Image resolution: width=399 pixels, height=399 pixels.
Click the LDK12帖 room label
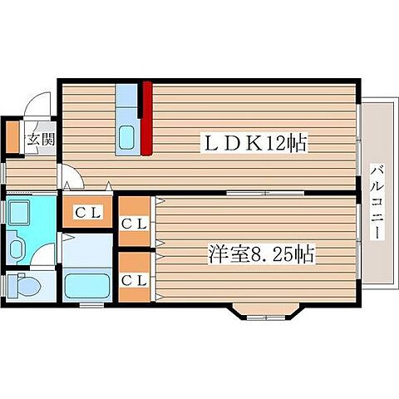254,143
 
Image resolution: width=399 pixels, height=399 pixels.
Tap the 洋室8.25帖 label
262,254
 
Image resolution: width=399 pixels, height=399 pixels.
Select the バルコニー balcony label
377,202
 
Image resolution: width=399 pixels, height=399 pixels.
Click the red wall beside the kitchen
147,118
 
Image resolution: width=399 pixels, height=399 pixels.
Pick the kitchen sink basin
127,138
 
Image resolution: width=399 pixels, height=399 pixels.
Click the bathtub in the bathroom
87,286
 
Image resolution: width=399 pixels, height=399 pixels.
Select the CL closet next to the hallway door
87,212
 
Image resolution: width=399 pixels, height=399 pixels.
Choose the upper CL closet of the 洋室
135,222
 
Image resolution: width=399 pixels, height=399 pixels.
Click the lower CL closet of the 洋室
135,277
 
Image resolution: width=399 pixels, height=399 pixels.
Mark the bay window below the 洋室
266,312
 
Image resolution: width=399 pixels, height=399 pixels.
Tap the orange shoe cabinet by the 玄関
12,137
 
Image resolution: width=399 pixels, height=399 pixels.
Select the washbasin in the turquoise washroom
17,249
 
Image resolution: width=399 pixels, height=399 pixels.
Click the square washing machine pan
19,212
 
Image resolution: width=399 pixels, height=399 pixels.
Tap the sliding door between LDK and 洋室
265,193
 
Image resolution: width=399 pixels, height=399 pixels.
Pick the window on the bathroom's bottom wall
91,305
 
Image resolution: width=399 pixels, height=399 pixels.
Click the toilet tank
12,285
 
